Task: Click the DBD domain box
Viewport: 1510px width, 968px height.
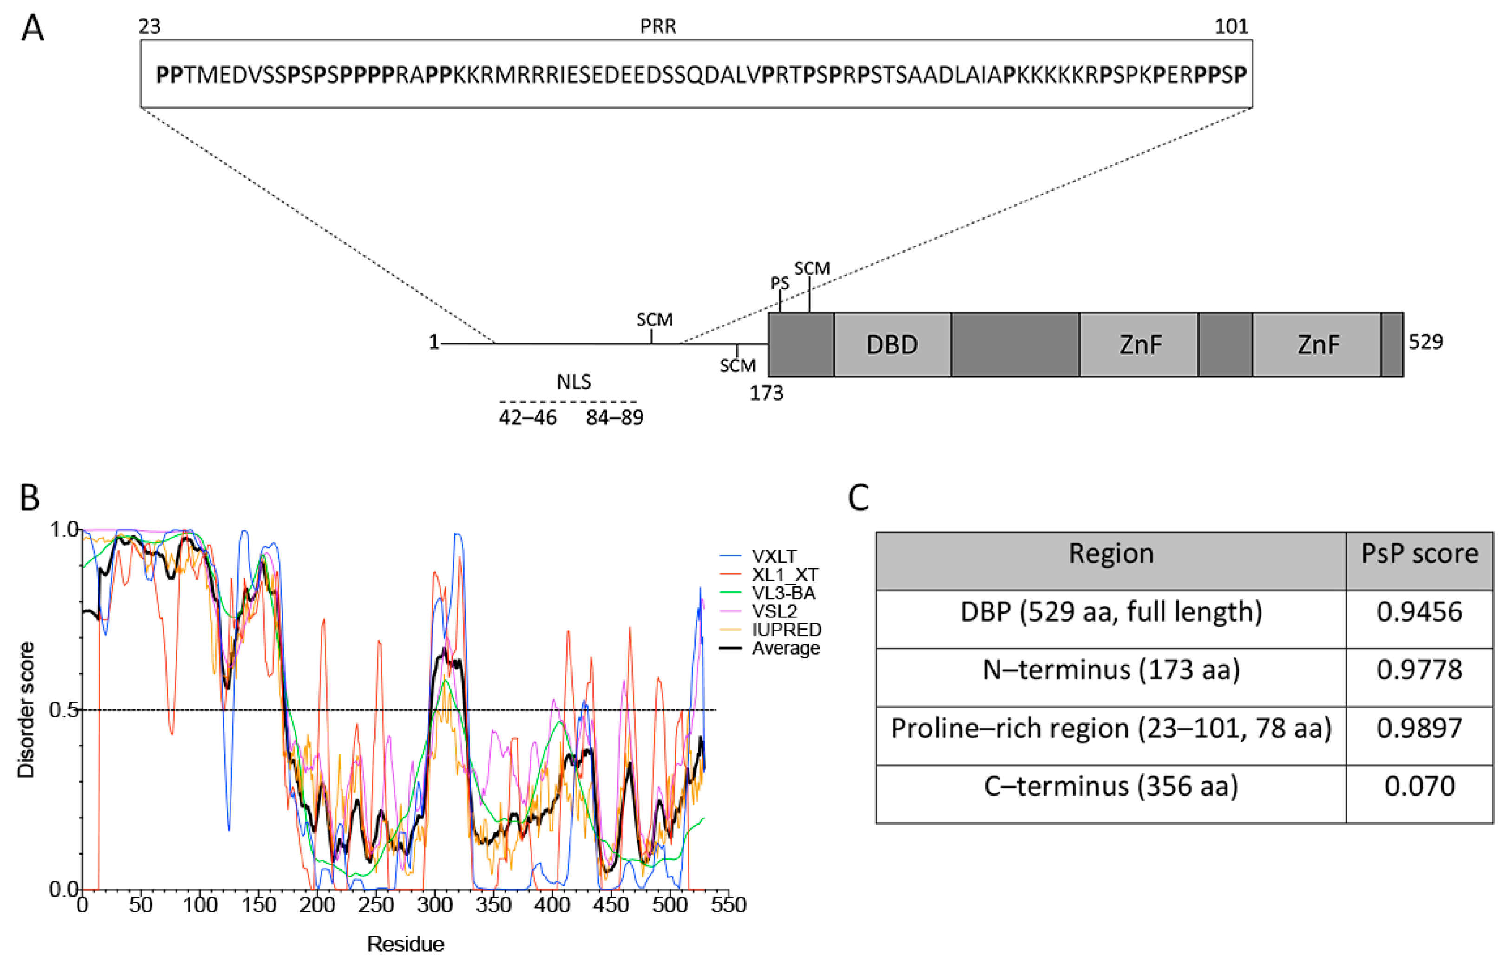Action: click(x=891, y=344)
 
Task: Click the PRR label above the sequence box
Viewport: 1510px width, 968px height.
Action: click(x=658, y=26)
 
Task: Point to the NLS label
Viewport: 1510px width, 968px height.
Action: click(x=573, y=382)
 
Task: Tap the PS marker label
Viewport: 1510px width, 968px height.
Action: click(x=780, y=284)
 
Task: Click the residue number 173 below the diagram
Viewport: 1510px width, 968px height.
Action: click(x=766, y=394)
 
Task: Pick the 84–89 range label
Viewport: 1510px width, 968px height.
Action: click(x=614, y=417)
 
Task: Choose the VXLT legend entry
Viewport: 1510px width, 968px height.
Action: click(x=774, y=556)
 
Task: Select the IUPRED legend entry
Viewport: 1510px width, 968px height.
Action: click(x=786, y=630)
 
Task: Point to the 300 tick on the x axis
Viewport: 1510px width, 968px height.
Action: click(x=434, y=905)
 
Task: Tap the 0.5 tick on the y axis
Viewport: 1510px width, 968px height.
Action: click(x=64, y=710)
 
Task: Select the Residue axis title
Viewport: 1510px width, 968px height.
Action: click(x=405, y=944)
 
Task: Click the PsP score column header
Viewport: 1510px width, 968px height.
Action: click(x=1419, y=554)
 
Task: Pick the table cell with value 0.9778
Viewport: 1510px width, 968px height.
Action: click(x=1419, y=670)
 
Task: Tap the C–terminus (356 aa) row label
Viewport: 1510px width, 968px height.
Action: click(x=1110, y=786)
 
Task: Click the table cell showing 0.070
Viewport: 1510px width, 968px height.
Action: click(x=1419, y=786)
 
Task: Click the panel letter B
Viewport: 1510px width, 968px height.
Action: click(x=30, y=497)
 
